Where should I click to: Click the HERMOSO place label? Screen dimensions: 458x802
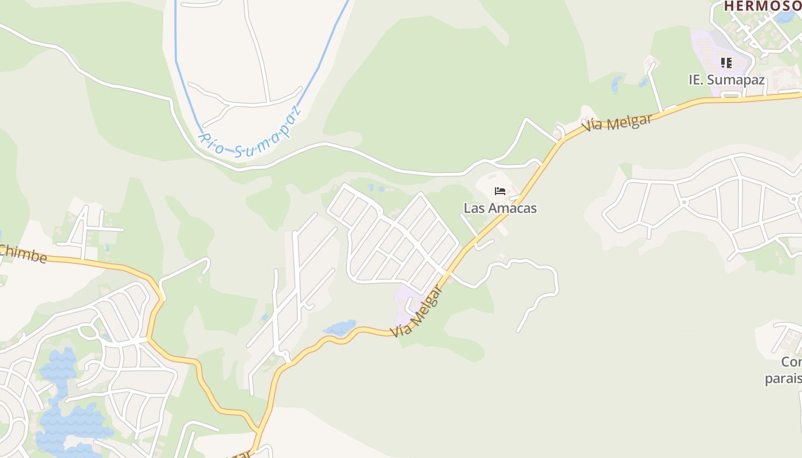(x=762, y=6)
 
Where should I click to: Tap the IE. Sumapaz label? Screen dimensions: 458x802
(x=726, y=80)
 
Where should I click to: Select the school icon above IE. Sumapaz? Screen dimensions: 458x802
(x=726, y=62)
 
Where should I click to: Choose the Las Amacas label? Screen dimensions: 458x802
(x=500, y=208)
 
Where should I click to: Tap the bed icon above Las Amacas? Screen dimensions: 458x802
(x=500, y=191)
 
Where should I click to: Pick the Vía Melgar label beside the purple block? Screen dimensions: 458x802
(x=417, y=311)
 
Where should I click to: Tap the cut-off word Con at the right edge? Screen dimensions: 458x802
(x=791, y=362)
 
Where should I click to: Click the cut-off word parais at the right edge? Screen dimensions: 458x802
(x=783, y=379)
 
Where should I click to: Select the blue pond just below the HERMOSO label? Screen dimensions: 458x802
(x=785, y=16)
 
